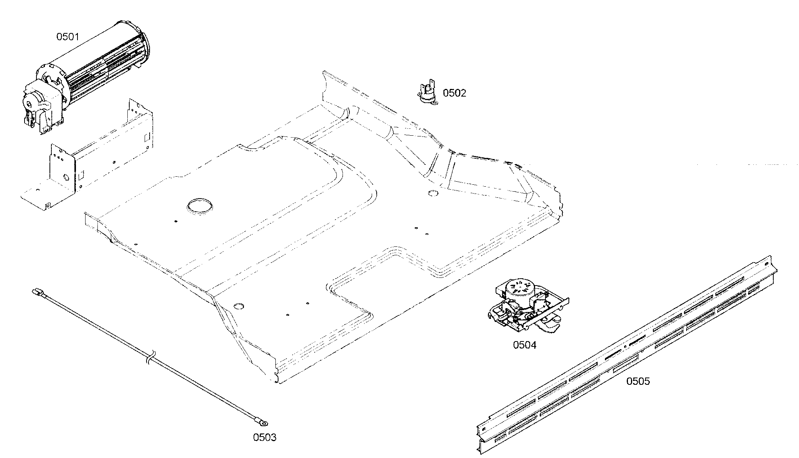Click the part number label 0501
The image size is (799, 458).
pyautogui.click(x=68, y=37)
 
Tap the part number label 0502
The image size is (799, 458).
pyautogui.click(x=455, y=93)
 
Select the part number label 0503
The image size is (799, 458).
pyautogui.click(x=265, y=437)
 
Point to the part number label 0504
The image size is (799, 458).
pyautogui.click(x=525, y=345)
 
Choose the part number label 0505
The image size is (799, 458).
pyautogui.click(x=638, y=381)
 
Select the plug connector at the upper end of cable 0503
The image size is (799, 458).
pyautogui.click(x=38, y=293)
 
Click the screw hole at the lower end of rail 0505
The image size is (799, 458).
pyautogui.click(x=484, y=429)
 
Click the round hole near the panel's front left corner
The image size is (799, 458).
pyautogui.click(x=239, y=306)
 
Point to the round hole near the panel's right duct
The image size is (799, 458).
pyautogui.click(x=433, y=193)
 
